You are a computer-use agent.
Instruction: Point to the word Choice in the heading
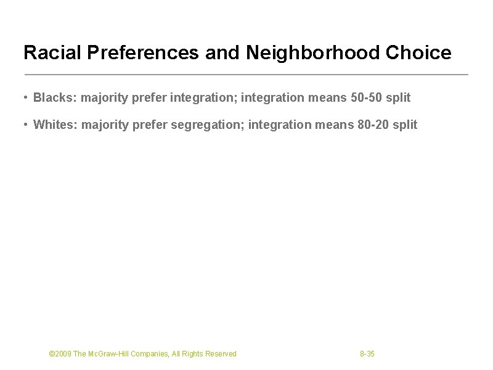point(421,53)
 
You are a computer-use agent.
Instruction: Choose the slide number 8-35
point(367,354)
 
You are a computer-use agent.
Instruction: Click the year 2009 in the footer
point(63,354)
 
